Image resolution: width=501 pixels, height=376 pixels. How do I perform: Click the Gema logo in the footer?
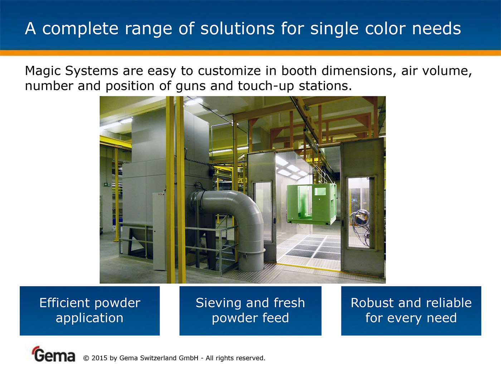pos(54,354)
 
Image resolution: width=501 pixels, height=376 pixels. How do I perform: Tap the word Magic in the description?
pos(43,71)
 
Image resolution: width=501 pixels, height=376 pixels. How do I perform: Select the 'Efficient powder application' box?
pos(90,311)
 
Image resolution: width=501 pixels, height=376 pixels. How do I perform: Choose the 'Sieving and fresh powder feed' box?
pos(250,311)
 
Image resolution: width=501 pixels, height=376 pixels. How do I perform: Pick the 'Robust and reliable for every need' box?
pos(411,311)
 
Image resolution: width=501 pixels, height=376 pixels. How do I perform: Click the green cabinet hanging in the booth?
pos(312,204)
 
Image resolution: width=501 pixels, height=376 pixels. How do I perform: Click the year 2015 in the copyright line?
pos(99,358)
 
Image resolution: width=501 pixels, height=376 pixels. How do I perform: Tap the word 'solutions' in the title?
pos(237,29)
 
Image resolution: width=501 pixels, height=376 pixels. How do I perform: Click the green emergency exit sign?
pos(107,184)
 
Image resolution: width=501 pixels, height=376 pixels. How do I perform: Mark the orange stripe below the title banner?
pos(250,53)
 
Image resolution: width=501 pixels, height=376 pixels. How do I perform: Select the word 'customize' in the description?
pos(229,71)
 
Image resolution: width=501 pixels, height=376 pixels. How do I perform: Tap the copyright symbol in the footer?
pos(86,358)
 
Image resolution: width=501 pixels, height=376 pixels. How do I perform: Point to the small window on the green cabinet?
pos(320,191)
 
